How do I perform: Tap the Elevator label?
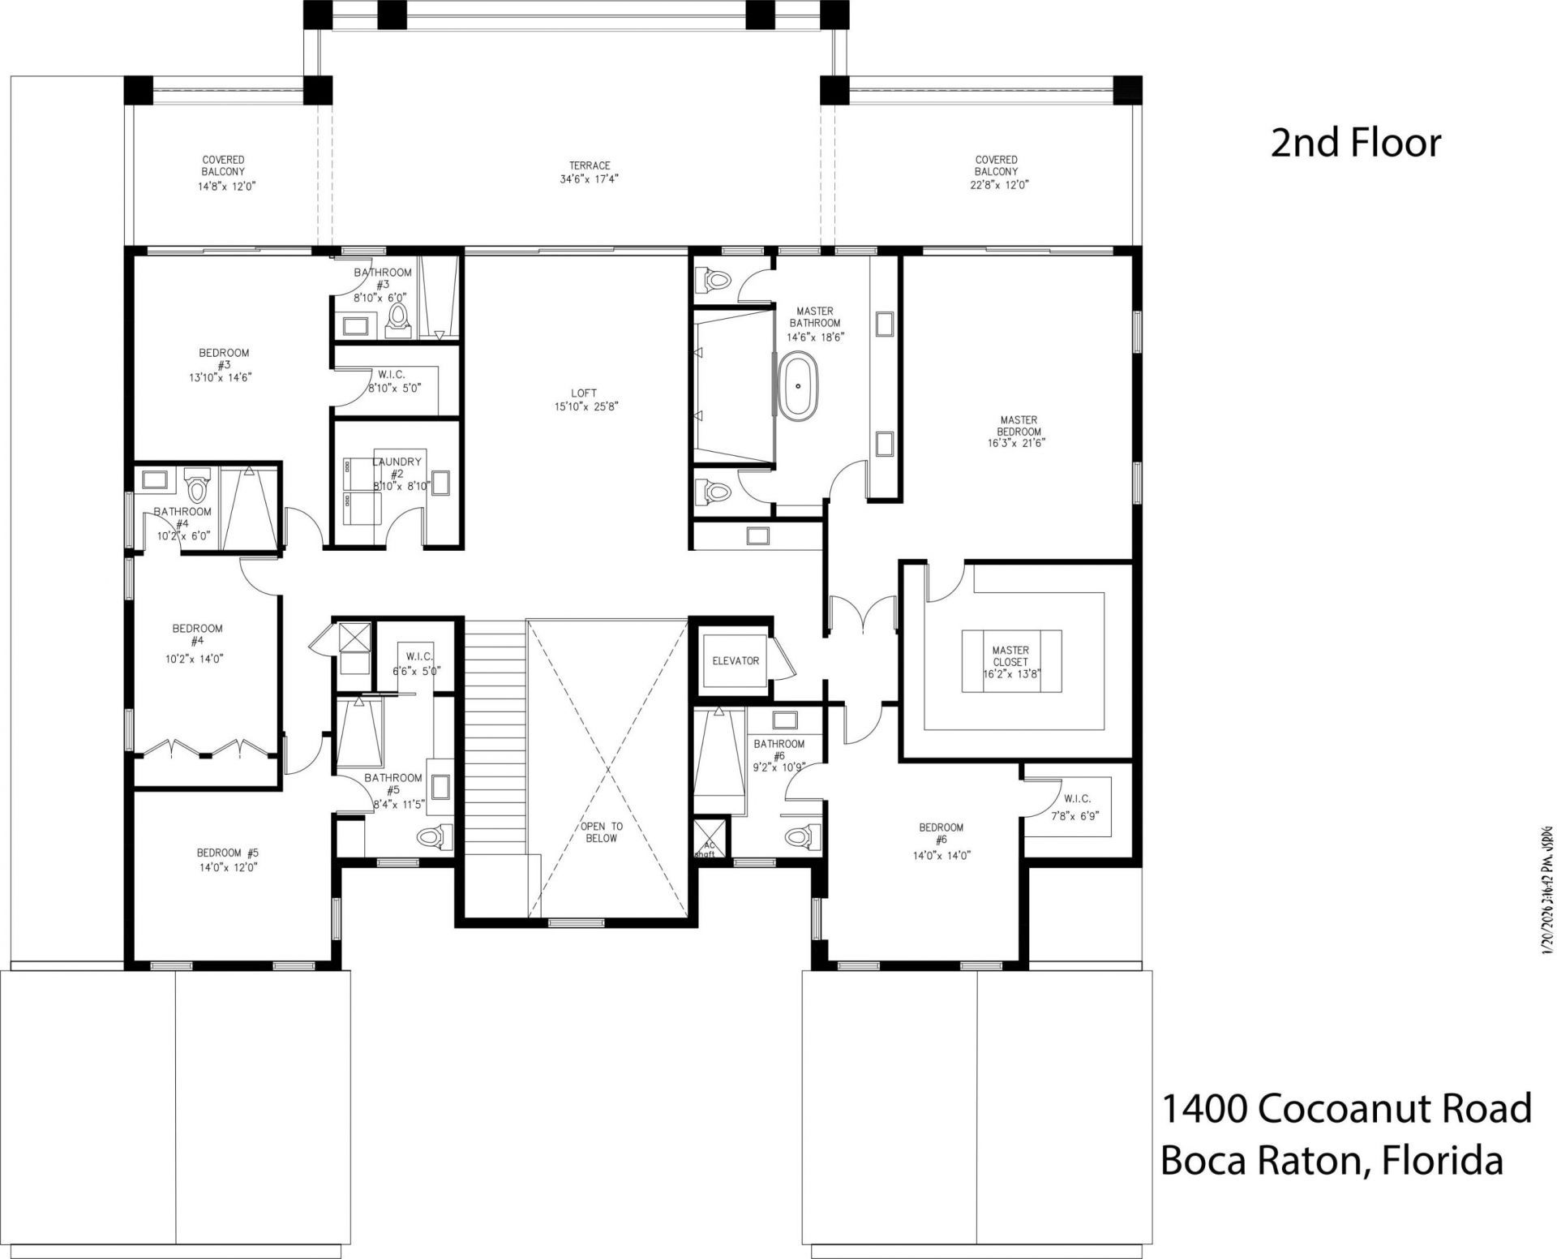736,660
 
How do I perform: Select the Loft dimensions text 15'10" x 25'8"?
589,407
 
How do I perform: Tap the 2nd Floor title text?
1356,144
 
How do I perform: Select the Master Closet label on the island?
1010,656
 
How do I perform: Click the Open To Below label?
601,832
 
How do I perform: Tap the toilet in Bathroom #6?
803,836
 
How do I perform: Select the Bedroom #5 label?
227,853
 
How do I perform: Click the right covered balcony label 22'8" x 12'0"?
996,184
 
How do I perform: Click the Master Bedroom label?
1019,426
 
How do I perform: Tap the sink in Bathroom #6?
784,720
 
